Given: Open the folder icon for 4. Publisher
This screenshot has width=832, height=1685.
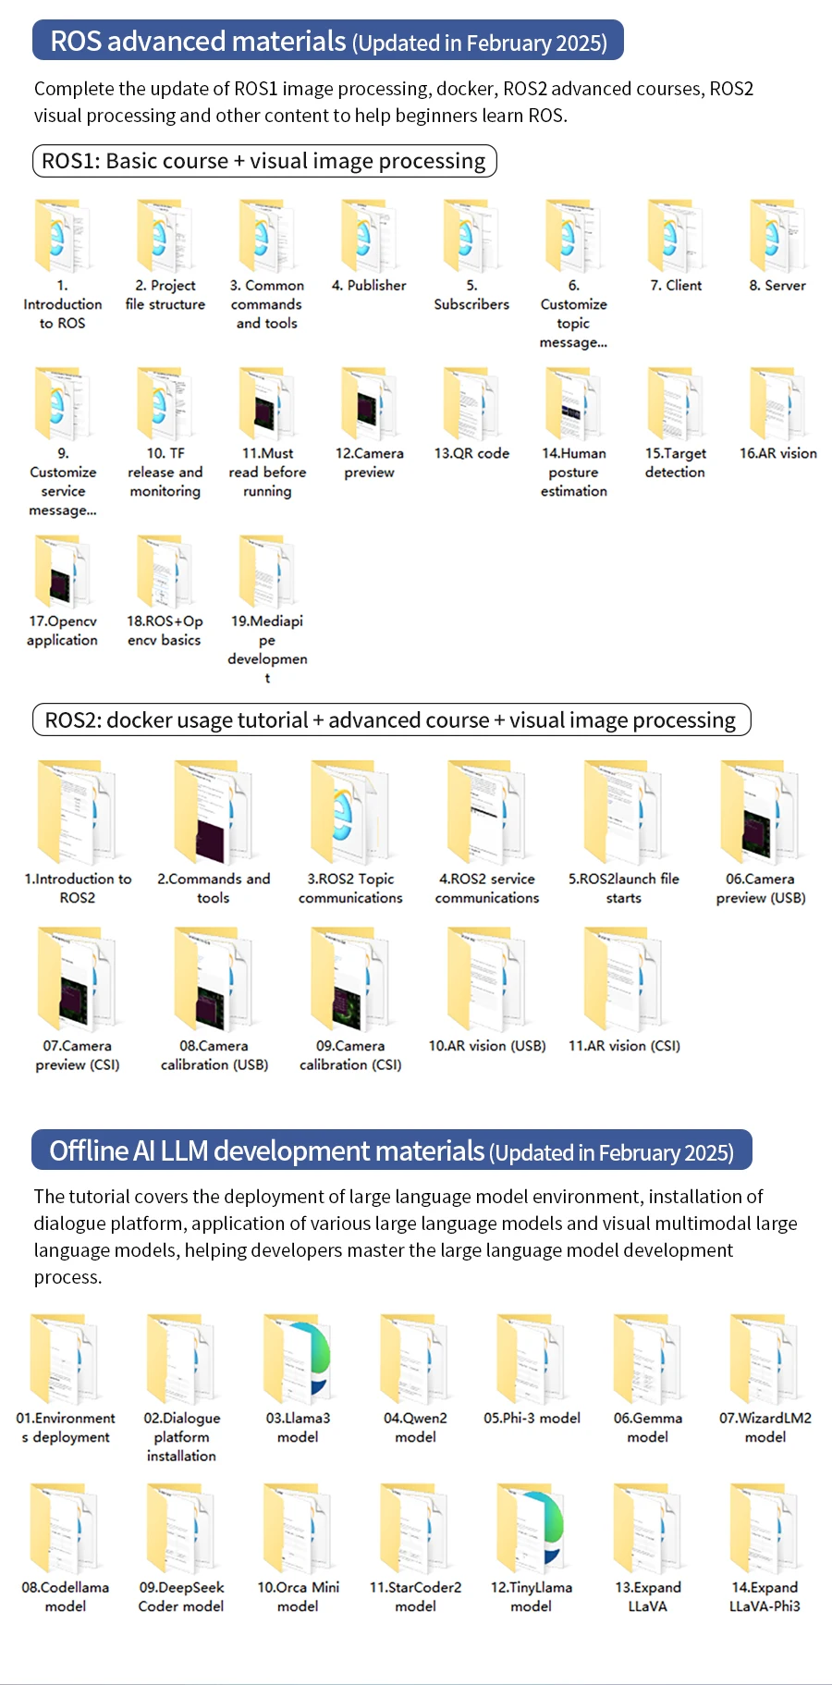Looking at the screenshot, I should tap(369, 236).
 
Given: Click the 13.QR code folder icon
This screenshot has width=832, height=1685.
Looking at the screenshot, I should tap(471, 404).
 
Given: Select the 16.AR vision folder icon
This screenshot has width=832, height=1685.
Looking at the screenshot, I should tap(777, 404).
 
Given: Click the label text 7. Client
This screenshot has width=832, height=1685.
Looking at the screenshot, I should tap(676, 286).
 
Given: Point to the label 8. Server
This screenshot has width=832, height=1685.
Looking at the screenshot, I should tap(777, 286).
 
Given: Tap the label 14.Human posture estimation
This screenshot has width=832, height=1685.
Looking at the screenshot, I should tap(574, 473).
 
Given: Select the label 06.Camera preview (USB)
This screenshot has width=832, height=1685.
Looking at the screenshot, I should tap(761, 889).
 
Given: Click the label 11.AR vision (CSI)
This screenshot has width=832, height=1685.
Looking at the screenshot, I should tap(624, 1046).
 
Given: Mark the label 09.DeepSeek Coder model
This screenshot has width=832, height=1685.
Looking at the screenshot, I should tap(181, 1597).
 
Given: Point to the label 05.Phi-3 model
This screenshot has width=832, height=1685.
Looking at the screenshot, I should tap(532, 1419).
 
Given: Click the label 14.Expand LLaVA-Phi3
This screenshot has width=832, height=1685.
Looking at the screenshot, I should tap(765, 1597).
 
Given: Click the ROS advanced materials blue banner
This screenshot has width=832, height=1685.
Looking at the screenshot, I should tap(328, 42).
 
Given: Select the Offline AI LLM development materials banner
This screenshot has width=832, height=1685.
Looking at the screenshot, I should tap(392, 1151).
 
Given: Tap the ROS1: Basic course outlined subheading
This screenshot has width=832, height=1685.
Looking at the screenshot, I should tap(264, 161).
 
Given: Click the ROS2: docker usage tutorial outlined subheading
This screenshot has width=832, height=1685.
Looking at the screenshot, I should tap(391, 720).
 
